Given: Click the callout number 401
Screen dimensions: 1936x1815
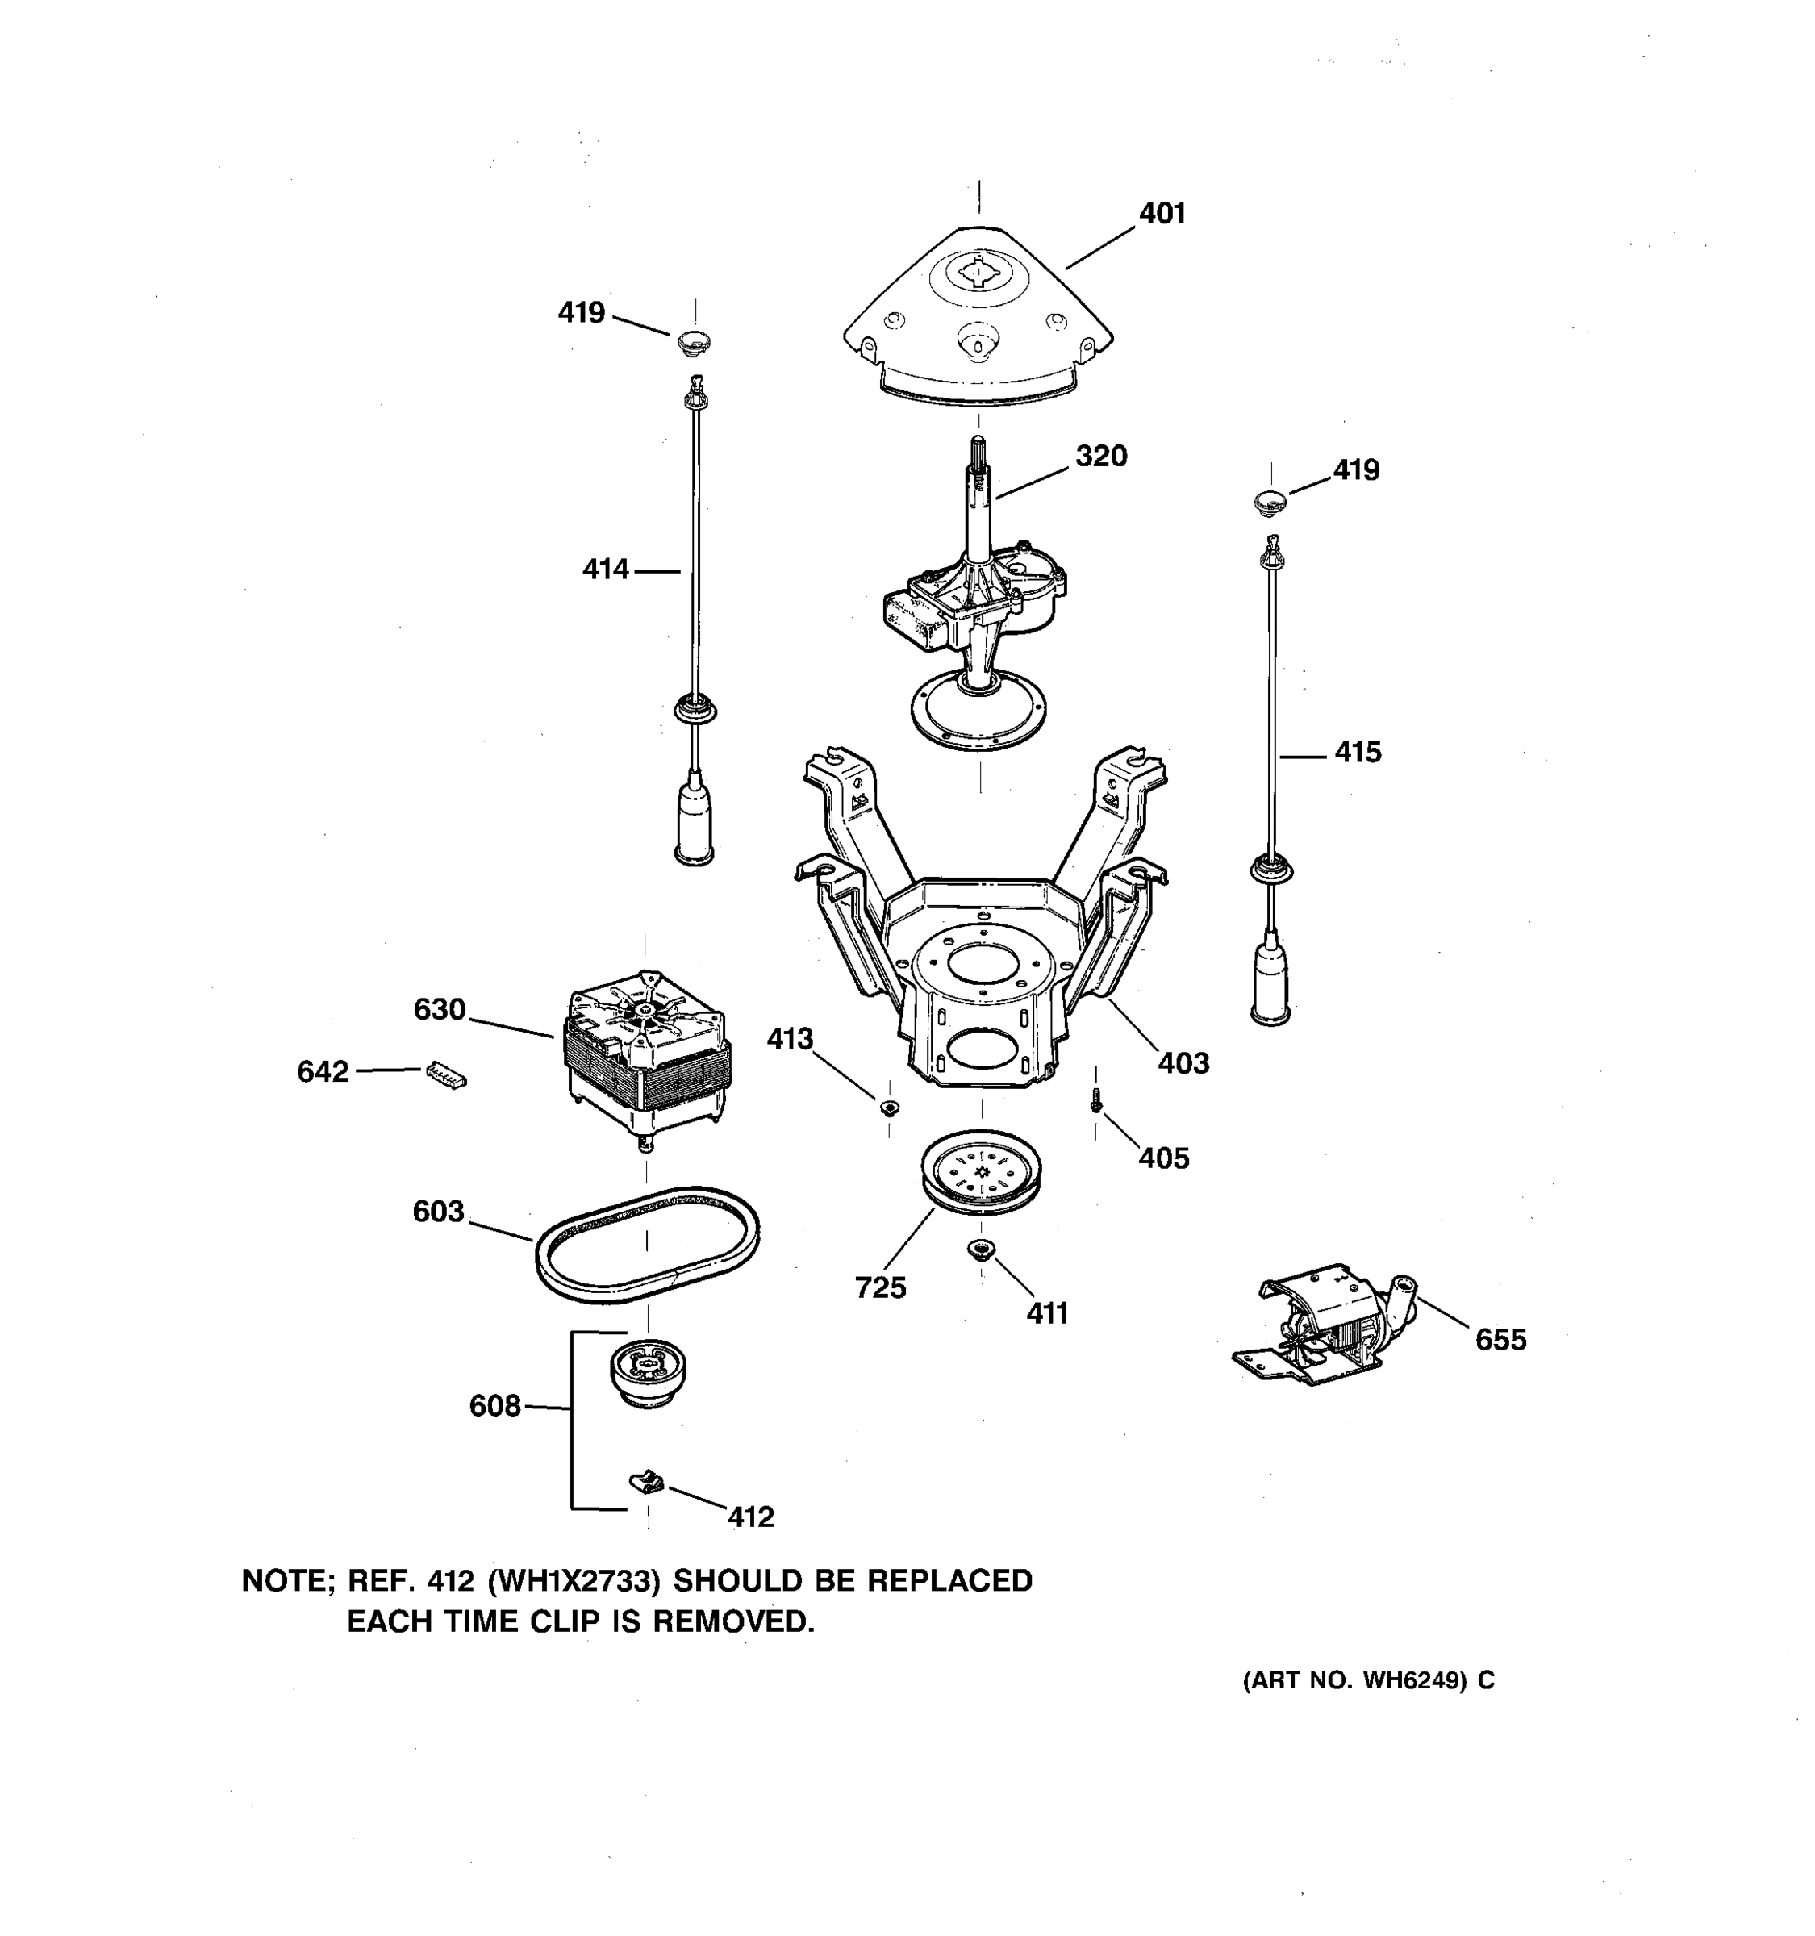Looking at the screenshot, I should pyautogui.click(x=1162, y=213).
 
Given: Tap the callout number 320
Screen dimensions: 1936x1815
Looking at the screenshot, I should pyautogui.click(x=1100, y=456).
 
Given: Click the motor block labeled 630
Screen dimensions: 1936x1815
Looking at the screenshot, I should pyautogui.click(x=647, y=1053).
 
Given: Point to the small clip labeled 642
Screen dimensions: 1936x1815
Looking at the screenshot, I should pyautogui.click(x=446, y=1074).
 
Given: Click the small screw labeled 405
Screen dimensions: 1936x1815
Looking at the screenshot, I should pyautogui.click(x=1096, y=1104).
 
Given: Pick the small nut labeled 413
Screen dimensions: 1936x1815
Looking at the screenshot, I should pyautogui.click(x=888, y=1108).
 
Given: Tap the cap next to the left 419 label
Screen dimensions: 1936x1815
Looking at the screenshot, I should pyautogui.click(x=693, y=342).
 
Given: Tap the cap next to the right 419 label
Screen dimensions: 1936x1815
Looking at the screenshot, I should pyautogui.click(x=1270, y=503).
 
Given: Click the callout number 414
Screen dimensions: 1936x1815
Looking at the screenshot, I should pyautogui.click(x=606, y=570).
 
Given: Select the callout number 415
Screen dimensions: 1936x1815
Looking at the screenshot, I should pyautogui.click(x=1358, y=752).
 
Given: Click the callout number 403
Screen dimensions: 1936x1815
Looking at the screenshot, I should pyautogui.click(x=1183, y=1062).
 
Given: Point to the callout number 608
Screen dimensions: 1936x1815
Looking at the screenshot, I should pyautogui.click(x=494, y=1406).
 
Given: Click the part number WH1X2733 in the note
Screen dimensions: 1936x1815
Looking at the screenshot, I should pyautogui.click(x=575, y=1579).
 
